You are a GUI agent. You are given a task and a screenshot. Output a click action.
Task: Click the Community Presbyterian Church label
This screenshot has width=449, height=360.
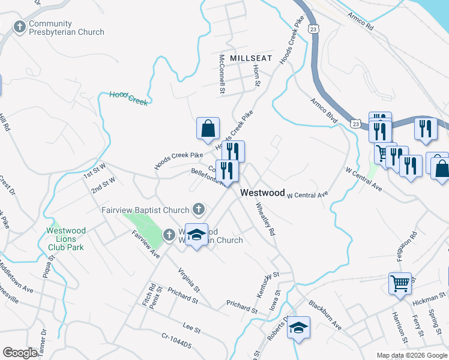(x=66, y=28)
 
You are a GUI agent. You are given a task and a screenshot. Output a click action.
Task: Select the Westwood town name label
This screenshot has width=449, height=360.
(x=262, y=193)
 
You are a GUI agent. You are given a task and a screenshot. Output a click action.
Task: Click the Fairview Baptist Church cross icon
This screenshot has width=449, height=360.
(x=199, y=210)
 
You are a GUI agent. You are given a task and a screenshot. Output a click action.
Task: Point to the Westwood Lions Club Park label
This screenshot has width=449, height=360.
(x=67, y=239)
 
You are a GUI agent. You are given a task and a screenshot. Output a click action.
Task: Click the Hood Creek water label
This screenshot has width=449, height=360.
(x=128, y=98)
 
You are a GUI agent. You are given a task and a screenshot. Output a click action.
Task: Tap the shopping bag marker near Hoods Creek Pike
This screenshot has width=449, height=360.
(x=208, y=128)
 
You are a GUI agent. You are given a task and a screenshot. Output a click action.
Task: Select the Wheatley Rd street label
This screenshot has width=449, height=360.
(x=265, y=218)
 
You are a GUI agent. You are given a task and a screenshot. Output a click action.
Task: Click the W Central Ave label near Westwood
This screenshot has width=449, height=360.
(x=309, y=195)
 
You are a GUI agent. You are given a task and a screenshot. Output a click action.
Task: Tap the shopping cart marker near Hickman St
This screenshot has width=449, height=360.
(x=400, y=283)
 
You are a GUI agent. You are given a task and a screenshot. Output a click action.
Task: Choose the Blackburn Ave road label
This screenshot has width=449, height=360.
(x=324, y=315)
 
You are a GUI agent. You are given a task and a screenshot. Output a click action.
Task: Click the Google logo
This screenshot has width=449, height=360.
(x=20, y=352)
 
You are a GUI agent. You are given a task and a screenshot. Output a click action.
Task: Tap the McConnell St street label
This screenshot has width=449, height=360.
(x=221, y=74)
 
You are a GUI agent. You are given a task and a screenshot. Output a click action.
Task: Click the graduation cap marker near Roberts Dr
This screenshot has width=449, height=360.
(x=298, y=328)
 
